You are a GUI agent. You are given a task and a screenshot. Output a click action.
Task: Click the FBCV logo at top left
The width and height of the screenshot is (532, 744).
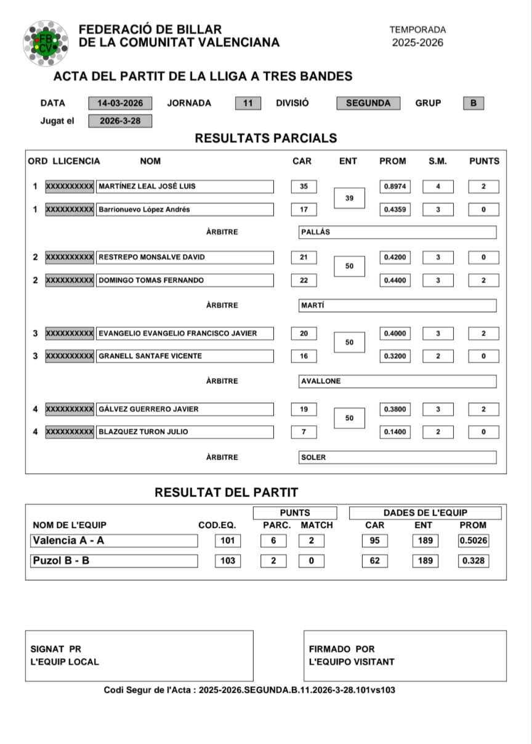pyautogui.click(x=46, y=43)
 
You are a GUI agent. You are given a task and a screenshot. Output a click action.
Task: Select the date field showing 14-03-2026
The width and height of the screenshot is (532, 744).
pyautogui.click(x=120, y=103)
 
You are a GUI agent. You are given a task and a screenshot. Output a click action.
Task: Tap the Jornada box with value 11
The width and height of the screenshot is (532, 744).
pyautogui.click(x=248, y=103)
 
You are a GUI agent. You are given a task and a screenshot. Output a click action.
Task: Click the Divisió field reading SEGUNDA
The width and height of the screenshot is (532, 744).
pyautogui.click(x=368, y=103)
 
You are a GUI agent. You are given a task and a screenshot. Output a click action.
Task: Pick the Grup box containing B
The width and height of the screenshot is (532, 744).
pyautogui.click(x=473, y=103)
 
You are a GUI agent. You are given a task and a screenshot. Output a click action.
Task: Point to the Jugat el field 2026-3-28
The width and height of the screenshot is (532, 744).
pyautogui.click(x=120, y=121)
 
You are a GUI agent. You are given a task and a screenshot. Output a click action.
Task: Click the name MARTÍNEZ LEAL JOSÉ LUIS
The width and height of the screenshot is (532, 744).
pyautogui.click(x=185, y=186)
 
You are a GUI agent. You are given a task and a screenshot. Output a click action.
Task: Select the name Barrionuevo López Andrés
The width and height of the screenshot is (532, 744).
pyautogui.click(x=185, y=210)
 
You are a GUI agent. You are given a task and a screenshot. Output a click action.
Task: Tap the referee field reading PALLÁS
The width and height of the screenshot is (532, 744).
pyautogui.click(x=397, y=233)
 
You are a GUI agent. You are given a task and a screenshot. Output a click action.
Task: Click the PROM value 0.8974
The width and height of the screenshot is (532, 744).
pyautogui.click(x=395, y=186)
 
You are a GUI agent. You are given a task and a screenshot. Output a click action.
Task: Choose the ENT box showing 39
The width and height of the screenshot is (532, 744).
pyautogui.click(x=349, y=198)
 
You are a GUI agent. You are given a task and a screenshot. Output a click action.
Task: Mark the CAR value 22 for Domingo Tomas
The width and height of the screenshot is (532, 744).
pyautogui.click(x=304, y=281)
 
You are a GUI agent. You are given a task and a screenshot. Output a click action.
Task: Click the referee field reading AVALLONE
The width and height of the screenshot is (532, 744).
pyautogui.click(x=397, y=382)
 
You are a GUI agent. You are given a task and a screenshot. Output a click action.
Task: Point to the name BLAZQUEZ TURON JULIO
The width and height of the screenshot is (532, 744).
pyautogui.click(x=185, y=432)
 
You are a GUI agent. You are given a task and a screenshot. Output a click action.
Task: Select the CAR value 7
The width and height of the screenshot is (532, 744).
pyautogui.click(x=304, y=432)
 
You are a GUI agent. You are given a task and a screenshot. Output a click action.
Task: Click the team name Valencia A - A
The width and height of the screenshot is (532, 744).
pyautogui.click(x=114, y=541)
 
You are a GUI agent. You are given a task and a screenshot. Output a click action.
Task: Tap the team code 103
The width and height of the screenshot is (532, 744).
pyautogui.click(x=228, y=561)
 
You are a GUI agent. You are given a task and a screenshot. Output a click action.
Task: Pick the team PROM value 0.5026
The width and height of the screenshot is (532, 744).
pyautogui.click(x=473, y=541)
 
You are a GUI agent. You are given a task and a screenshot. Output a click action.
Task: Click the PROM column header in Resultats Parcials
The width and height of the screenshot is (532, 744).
pyautogui.click(x=392, y=161)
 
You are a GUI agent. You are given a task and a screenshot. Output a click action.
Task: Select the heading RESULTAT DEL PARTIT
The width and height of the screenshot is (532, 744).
pyautogui.click(x=226, y=492)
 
